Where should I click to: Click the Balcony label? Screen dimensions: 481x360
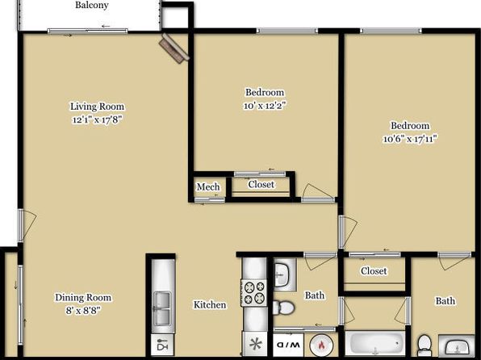pyautogui.click(x=92, y=5)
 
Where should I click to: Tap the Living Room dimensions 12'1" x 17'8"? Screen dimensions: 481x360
pyautogui.click(x=97, y=119)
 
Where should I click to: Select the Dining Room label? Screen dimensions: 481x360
pyautogui.click(x=83, y=297)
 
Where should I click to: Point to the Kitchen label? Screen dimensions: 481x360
pyautogui.click(x=210, y=305)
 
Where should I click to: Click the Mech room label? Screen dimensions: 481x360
pyautogui.click(x=208, y=186)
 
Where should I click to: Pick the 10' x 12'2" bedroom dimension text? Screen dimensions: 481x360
pyautogui.click(x=265, y=106)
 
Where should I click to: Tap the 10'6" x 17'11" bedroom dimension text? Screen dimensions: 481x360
pyautogui.click(x=410, y=139)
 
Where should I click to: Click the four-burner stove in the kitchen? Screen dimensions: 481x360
pyautogui.click(x=253, y=292)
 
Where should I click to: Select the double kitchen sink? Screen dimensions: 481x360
pyautogui.click(x=162, y=308)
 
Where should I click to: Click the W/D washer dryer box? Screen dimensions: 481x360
pyautogui.click(x=288, y=345)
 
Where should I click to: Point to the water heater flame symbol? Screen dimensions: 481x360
pyautogui.click(x=321, y=345)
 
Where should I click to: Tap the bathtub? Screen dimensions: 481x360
pyautogui.click(x=375, y=343)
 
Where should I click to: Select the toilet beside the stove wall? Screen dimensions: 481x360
pyautogui.click(x=283, y=308)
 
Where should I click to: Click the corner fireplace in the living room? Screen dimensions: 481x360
pyautogui.click(x=174, y=48)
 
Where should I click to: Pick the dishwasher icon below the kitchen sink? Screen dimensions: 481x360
pyautogui.click(x=162, y=345)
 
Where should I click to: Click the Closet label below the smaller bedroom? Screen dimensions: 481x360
pyautogui.click(x=261, y=185)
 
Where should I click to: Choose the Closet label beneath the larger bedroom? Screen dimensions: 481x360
pyautogui.click(x=374, y=271)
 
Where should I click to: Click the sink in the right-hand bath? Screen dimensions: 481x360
pyautogui.click(x=457, y=345)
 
